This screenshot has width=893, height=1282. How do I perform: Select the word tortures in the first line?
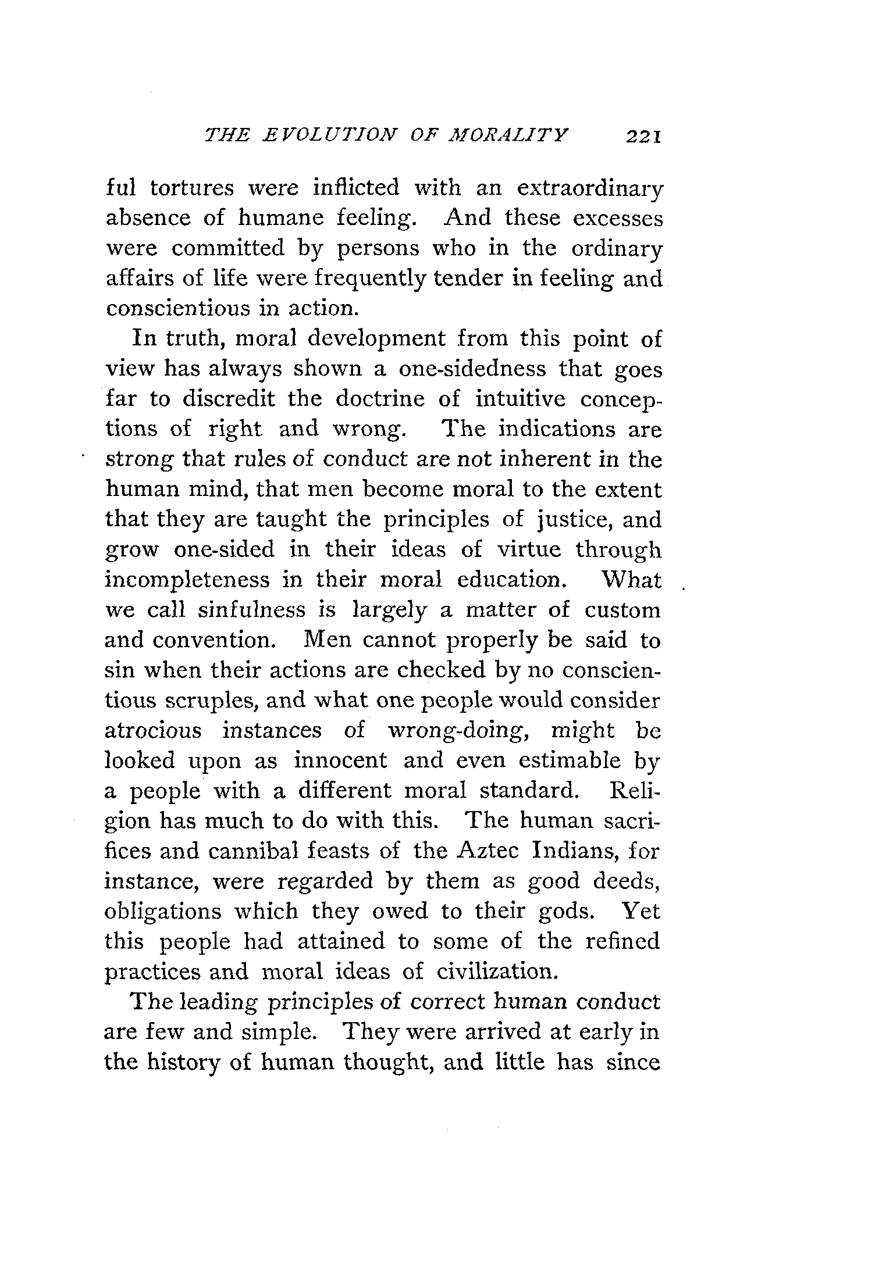pyautogui.click(x=191, y=188)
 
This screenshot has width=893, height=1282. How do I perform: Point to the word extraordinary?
pyautogui.click(x=589, y=189)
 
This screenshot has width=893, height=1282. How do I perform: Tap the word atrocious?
pyautogui.click(x=153, y=730)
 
